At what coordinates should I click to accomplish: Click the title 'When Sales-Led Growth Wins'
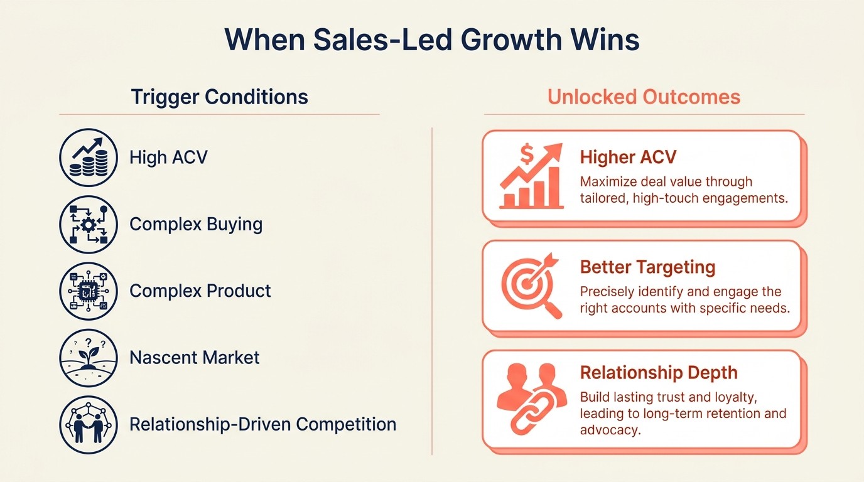[432, 40]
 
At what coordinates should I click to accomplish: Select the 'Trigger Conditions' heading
[219, 97]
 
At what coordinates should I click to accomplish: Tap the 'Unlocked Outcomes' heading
[644, 97]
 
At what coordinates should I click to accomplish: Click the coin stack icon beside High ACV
[89, 158]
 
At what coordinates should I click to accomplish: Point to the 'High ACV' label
[168, 157]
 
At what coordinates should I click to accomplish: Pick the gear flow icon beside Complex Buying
[89, 224]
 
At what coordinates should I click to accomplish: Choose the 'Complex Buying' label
[196, 224]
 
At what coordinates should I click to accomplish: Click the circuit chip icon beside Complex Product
[89, 291]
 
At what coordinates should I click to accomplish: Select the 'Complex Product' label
[200, 291]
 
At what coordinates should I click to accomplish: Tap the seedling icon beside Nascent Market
[89, 358]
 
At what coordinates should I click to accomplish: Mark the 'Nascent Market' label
[195, 358]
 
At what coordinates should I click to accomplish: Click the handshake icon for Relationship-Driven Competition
[89, 424]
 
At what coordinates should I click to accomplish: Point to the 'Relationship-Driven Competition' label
[262, 424]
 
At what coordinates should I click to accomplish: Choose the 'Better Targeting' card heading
[647, 267]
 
